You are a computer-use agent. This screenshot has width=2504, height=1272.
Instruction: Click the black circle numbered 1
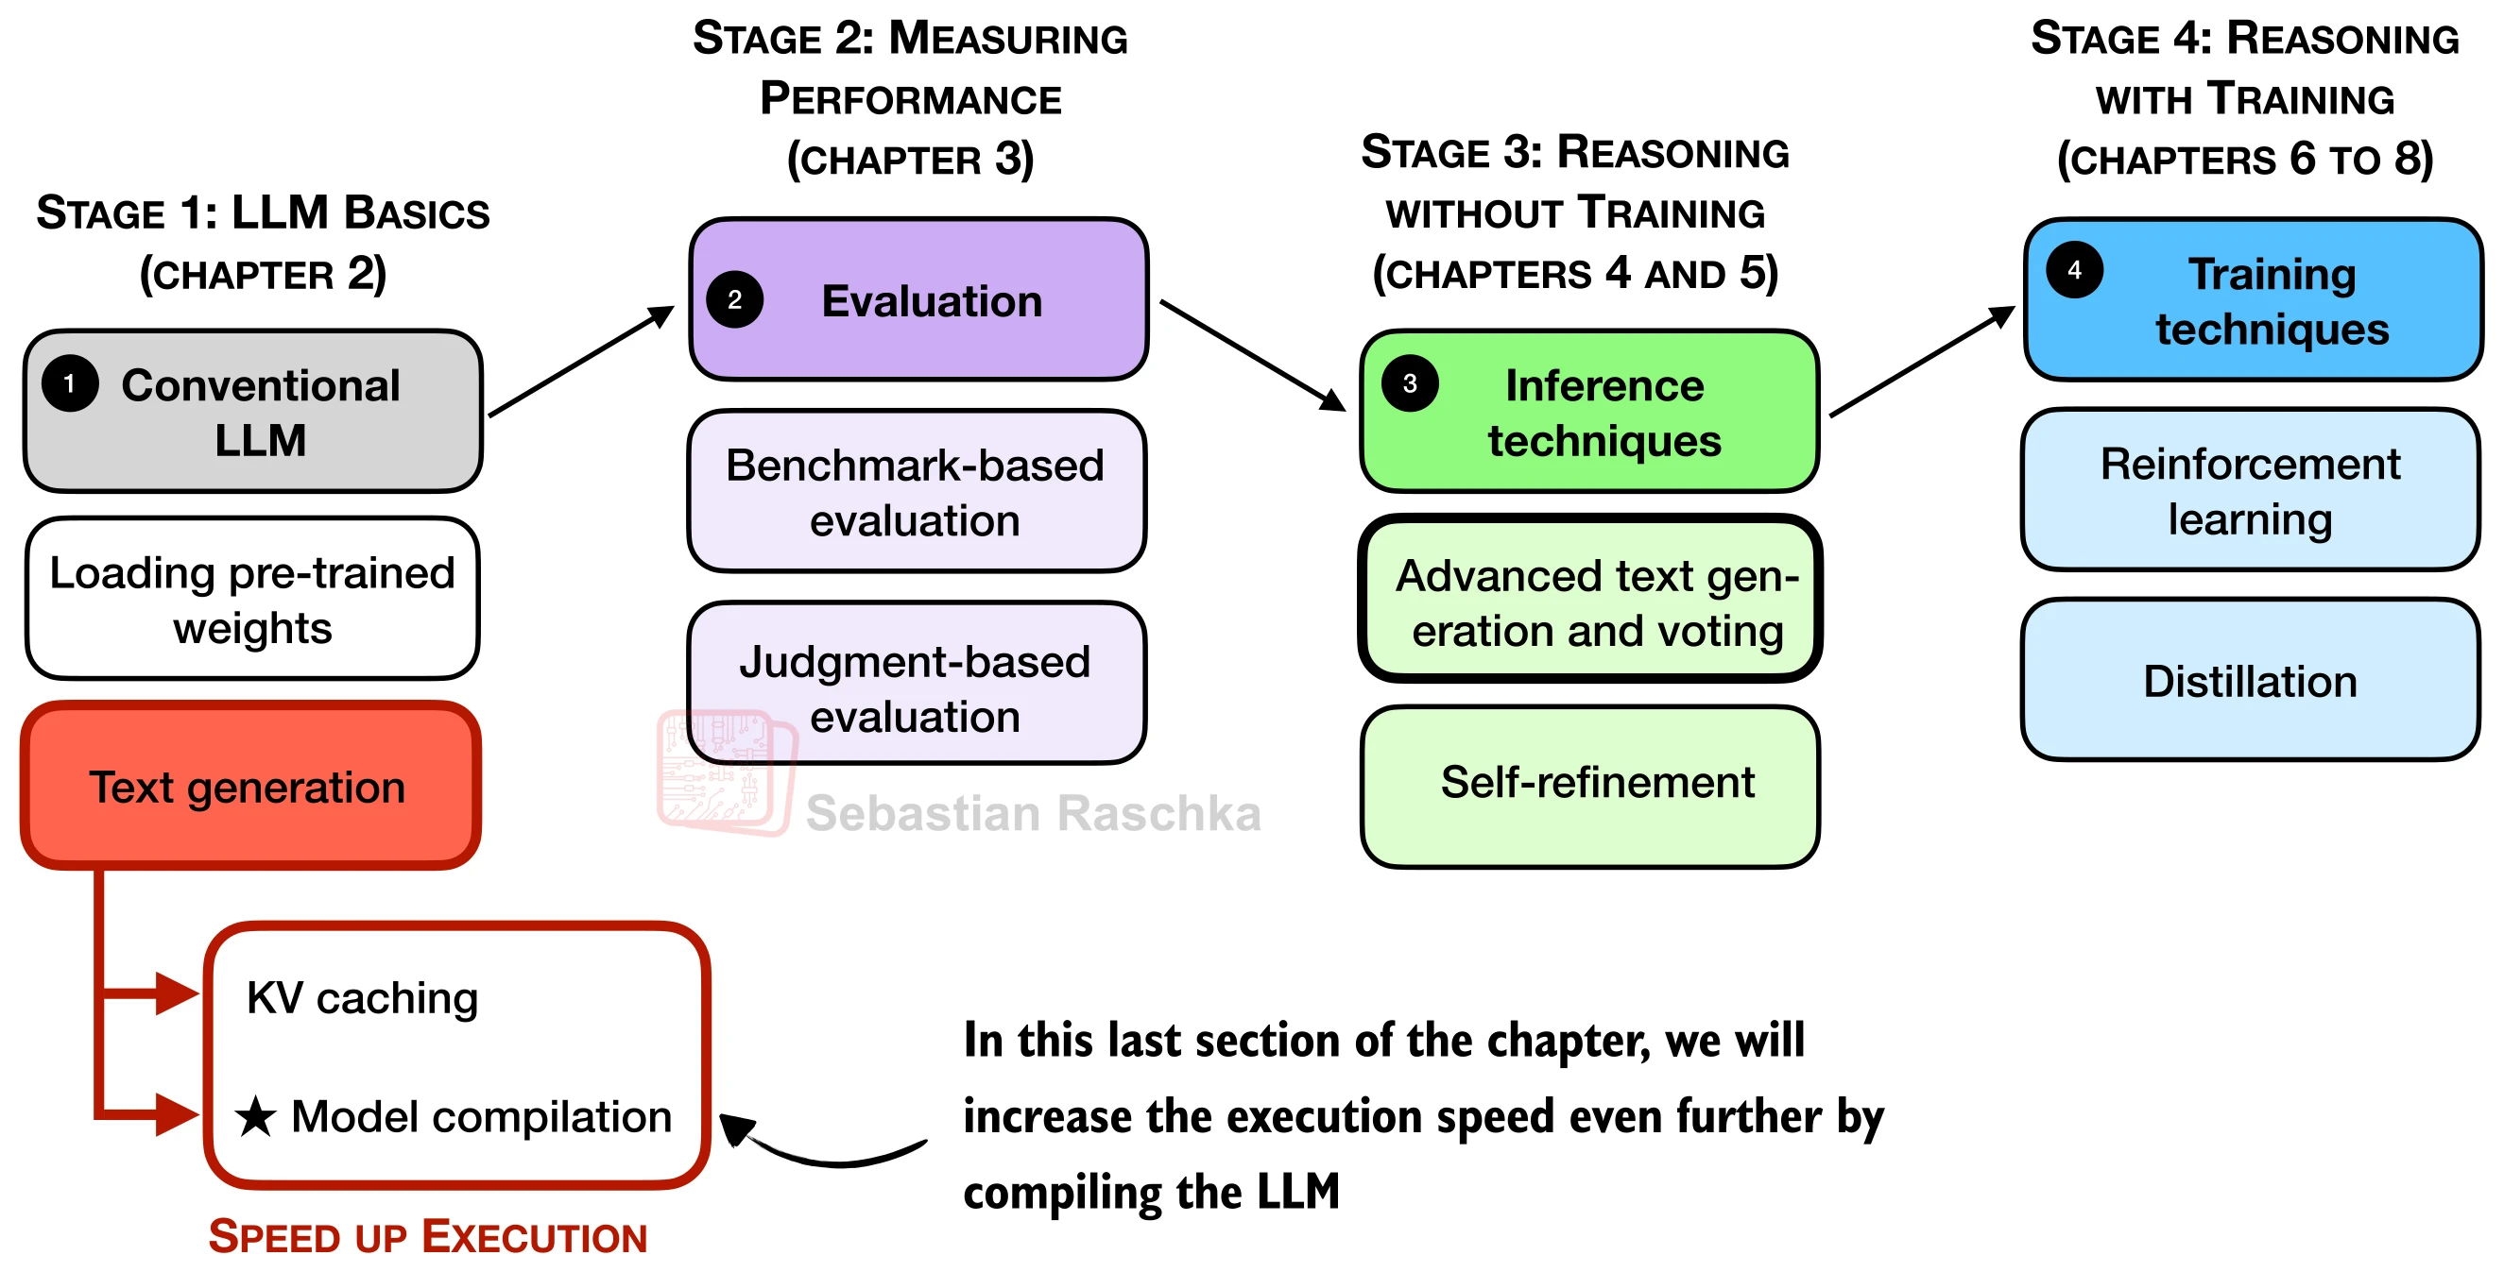pos(70,383)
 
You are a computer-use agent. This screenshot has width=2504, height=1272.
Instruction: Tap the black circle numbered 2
pos(735,299)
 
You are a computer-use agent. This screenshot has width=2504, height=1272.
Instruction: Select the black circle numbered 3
pos(1410,383)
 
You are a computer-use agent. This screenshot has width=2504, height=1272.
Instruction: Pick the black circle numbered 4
pos(2074,270)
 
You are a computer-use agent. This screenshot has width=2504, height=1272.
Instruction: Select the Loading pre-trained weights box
pos(252,599)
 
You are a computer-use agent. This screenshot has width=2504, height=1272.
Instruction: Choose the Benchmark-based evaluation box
pos(917,492)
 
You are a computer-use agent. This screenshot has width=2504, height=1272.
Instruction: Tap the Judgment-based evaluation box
pos(917,683)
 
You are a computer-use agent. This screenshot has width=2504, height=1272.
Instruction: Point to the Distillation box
pos(2251,680)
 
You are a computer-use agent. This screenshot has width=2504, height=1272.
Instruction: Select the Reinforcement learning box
pos(2251,490)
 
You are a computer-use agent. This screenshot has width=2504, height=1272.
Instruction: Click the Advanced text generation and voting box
pos(1589,599)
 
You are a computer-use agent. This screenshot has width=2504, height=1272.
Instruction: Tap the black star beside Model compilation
pos(256,1116)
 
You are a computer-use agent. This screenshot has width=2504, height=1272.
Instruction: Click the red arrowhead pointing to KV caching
pos(177,993)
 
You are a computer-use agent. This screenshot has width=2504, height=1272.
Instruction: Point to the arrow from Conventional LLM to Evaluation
pos(581,361)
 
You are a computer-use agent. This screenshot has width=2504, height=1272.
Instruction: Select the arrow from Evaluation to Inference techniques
pos(1253,356)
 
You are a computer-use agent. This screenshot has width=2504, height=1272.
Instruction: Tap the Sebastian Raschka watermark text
pos(1034,813)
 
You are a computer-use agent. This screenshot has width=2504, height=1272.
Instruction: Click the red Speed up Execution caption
pos(428,1237)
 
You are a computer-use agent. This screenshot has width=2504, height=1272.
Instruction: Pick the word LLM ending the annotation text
pos(1297,1192)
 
